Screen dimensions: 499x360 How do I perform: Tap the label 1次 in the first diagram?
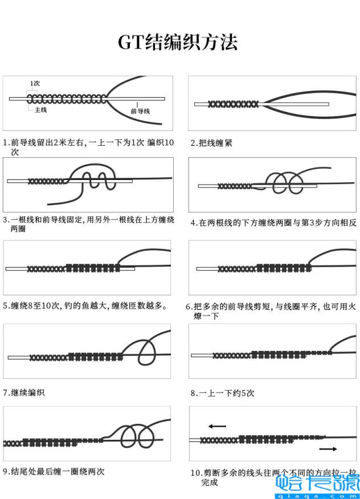coord(35,84)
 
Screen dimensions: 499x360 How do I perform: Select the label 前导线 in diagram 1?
coord(140,112)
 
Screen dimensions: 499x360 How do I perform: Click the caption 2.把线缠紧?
coord(211,143)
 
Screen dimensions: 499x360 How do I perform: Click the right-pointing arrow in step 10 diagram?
coord(328,449)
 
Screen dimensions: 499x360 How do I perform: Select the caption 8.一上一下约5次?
coord(222,393)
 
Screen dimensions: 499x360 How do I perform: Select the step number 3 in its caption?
coord(5,219)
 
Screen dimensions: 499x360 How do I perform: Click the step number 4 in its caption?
coord(193,223)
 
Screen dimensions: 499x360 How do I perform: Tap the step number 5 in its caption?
coord(5,306)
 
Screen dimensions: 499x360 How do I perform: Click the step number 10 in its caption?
coord(195,473)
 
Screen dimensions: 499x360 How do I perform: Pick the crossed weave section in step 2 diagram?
coord(233,104)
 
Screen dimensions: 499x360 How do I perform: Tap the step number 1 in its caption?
coord(5,143)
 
